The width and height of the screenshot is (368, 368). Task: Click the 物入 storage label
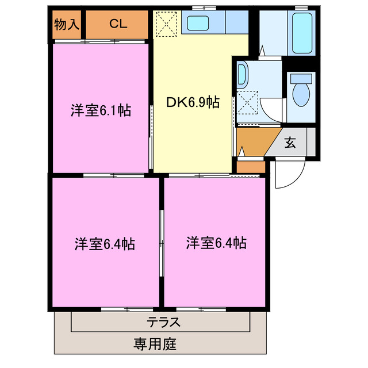pos(66,24)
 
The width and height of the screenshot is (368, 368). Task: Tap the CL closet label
pos(118,24)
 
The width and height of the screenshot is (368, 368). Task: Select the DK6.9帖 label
pos(193,103)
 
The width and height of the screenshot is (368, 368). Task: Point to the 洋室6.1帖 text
pos(101,110)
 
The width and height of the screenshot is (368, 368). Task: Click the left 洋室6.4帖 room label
pos(104,244)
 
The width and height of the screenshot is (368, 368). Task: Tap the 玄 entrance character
pos(290,142)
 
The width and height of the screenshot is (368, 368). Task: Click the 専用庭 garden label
pos(155,345)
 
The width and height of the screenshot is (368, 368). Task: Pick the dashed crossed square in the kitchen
pos(167,24)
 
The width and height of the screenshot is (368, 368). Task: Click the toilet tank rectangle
pos(301,78)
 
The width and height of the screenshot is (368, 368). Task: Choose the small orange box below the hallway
pos(251,167)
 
